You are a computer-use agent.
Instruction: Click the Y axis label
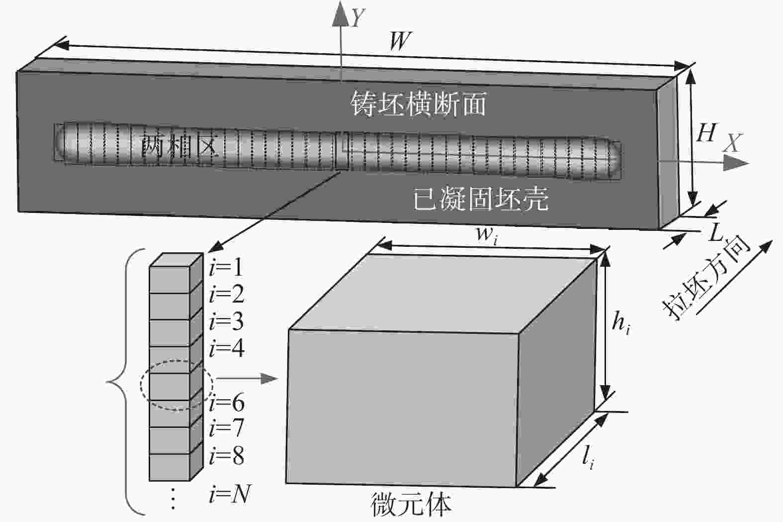click(x=357, y=18)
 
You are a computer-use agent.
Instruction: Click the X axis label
click(x=731, y=144)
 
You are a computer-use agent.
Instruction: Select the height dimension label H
click(x=706, y=133)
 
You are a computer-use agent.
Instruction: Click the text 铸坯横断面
click(x=418, y=104)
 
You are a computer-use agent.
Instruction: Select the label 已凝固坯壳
click(x=481, y=200)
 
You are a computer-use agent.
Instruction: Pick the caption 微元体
click(x=411, y=505)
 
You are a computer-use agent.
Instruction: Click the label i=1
click(x=226, y=268)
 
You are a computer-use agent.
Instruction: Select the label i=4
click(x=227, y=348)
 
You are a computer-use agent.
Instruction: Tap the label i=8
click(x=227, y=455)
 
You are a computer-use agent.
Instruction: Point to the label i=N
click(x=229, y=494)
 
